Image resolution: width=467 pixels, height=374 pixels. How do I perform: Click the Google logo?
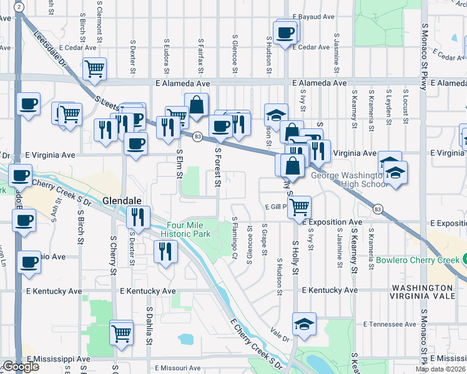click(20, 367)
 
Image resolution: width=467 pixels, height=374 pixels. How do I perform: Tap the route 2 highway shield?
click(20, 7)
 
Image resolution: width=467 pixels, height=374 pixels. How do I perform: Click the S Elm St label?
click(179, 163)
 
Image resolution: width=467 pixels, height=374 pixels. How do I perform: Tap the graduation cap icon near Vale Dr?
click(304, 323)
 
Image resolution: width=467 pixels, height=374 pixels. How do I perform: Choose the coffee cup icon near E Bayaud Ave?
click(285, 32)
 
